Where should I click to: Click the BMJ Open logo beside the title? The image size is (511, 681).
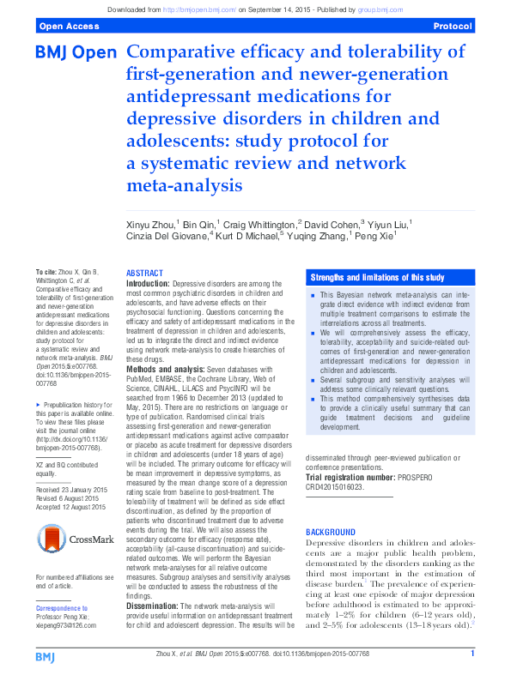76,53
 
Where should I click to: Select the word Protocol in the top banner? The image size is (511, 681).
453,27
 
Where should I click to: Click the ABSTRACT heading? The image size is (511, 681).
144,272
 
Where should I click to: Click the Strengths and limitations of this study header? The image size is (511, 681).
377,278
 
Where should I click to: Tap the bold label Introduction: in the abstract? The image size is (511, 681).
149,282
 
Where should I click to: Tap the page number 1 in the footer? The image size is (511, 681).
472,655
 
